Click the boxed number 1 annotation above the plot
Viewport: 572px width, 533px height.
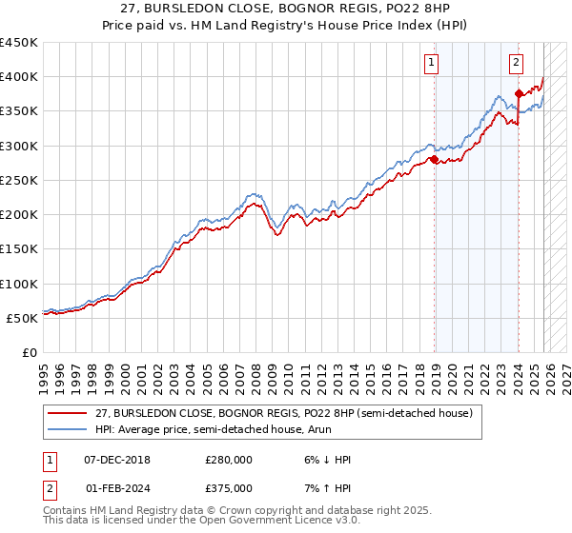pyautogui.click(x=432, y=64)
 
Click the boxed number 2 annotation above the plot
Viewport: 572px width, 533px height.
pyautogui.click(x=516, y=64)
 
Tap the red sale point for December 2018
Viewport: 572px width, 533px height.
pyautogui.click(x=435, y=160)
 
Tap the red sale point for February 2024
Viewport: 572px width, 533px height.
pyautogui.click(x=519, y=93)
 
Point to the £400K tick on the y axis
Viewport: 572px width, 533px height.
pyautogui.click(x=19, y=77)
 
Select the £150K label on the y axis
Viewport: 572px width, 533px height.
pyautogui.click(x=19, y=248)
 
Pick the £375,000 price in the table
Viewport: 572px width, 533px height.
pyautogui.click(x=229, y=487)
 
